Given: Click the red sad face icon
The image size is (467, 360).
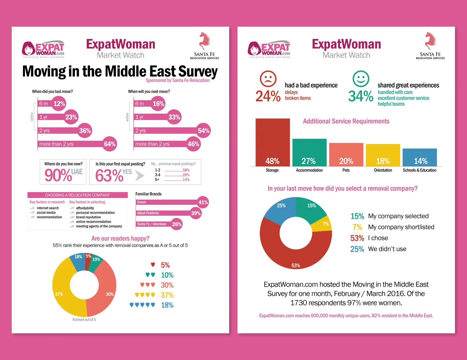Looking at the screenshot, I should click(x=268, y=79).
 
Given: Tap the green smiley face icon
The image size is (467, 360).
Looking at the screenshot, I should click(x=361, y=79).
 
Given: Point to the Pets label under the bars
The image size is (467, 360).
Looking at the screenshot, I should click(x=346, y=170).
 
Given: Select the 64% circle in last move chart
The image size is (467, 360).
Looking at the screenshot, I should click(x=110, y=144).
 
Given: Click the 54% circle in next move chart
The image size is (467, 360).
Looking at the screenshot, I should click(x=203, y=131).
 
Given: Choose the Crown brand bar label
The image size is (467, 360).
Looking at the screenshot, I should click(x=142, y=202).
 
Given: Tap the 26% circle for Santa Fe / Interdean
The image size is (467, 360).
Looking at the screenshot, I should click(x=177, y=224).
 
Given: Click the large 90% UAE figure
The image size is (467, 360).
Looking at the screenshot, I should click(x=58, y=175).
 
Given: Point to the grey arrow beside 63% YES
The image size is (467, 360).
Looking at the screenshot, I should click(x=140, y=176).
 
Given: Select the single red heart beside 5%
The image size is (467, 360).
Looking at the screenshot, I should click(x=153, y=265).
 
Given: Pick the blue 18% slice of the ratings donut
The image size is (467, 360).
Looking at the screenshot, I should click(x=78, y=262).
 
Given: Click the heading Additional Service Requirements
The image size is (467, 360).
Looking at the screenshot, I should click(x=346, y=121).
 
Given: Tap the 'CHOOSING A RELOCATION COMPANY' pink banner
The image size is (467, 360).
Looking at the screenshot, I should click(x=77, y=195).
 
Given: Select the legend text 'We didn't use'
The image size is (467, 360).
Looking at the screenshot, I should click(x=387, y=249).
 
